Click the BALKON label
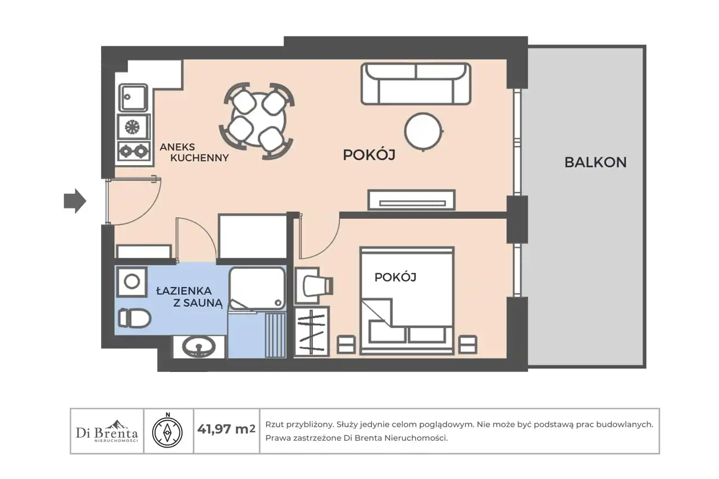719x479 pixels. point(595,162)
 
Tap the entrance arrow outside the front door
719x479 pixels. point(75,201)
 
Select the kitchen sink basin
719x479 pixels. point(133,98)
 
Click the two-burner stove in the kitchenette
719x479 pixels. point(134,151)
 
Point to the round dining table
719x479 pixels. point(258,120)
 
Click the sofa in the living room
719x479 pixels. point(416,84)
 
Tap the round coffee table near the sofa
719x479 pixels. point(424,131)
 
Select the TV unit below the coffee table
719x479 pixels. point(412,200)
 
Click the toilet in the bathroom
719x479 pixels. point(134,318)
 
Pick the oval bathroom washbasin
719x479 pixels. point(199,346)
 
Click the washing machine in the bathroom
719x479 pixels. point(132,282)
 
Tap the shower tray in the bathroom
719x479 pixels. point(257,288)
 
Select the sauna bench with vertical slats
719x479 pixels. point(275,335)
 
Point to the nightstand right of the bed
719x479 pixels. point(467,345)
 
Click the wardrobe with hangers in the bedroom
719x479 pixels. point(312,331)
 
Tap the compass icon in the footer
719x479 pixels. point(167,431)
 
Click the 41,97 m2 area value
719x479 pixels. point(226,429)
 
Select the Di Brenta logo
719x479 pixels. point(107,431)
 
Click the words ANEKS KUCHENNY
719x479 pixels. point(194,152)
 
